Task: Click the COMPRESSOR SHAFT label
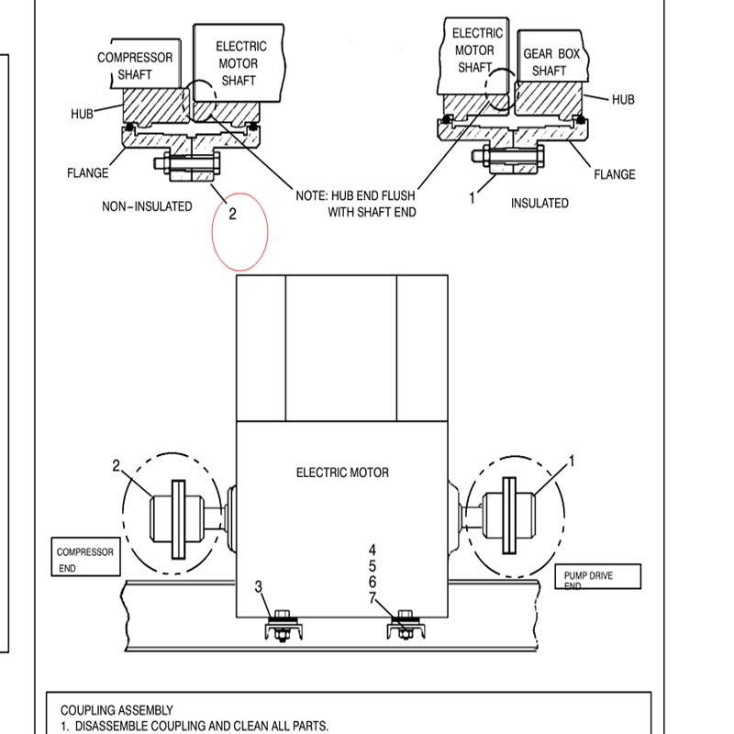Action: (x=135, y=65)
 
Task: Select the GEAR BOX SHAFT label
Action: (x=550, y=62)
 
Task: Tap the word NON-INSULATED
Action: (x=147, y=206)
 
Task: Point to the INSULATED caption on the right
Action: (x=539, y=203)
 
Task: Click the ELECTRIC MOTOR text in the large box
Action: (x=342, y=473)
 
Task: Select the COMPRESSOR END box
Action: (x=84, y=560)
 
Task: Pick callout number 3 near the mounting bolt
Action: (x=259, y=586)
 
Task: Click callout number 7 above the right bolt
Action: (x=373, y=598)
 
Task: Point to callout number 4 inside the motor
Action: (x=373, y=550)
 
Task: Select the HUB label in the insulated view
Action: (x=623, y=99)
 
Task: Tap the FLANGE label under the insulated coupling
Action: (x=614, y=174)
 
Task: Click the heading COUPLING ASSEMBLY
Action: (x=117, y=710)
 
